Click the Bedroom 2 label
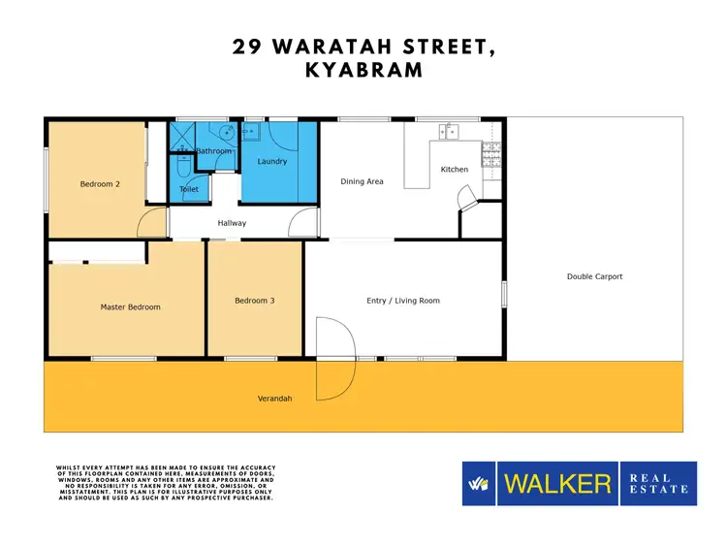(99, 182)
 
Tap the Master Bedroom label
(130, 307)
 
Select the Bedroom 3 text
(255, 301)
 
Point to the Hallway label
(232, 223)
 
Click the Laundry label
(272, 162)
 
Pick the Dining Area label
(362, 181)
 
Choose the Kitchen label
(455, 170)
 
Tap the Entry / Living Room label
(403, 301)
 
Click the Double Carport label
(594, 276)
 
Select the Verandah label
(274, 399)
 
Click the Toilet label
(189, 189)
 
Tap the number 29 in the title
(248, 46)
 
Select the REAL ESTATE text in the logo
(658, 483)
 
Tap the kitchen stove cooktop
(491, 150)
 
